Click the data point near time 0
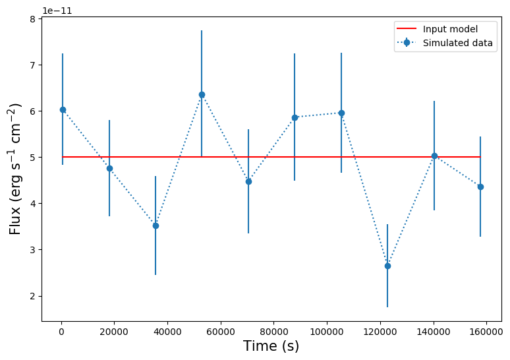(63, 109)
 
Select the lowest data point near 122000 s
(387, 266)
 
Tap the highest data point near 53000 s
(202, 94)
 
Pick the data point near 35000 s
(156, 225)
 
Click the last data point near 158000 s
(480, 187)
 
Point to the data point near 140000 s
(434, 156)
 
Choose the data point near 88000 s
(295, 117)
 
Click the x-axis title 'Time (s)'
(271, 346)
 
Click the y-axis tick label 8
(32, 19)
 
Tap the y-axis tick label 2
(32, 296)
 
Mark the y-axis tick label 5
(32, 158)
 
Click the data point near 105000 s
(341, 113)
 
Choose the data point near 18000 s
(109, 168)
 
